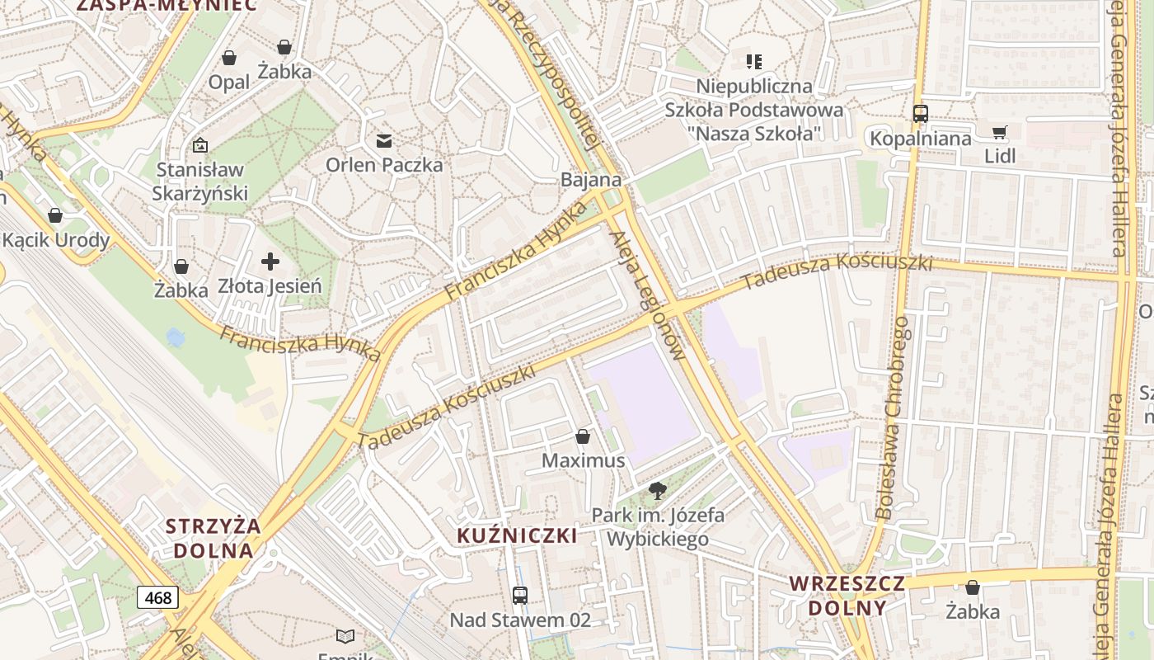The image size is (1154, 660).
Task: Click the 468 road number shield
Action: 157,596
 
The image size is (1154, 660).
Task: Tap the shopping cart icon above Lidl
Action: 999,132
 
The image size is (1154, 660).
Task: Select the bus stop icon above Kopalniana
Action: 921,114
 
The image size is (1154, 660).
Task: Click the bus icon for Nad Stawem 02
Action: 520,595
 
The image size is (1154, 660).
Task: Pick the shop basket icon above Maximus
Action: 583,436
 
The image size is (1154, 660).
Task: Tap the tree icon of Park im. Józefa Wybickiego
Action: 657,492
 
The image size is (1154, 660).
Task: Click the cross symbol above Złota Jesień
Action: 270,262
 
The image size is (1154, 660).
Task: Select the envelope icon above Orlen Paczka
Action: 384,140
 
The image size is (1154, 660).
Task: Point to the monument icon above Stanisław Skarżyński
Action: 199,145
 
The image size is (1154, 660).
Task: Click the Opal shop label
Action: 228,82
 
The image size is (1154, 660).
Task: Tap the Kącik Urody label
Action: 56,240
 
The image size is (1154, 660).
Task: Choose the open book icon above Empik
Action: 345,636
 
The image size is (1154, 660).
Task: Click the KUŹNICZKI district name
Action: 517,535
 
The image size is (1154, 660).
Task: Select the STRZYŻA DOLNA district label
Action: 212,538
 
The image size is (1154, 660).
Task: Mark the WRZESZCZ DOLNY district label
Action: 847,596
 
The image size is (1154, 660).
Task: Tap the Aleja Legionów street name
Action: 647,296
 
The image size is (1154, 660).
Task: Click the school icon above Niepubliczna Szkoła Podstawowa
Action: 753,61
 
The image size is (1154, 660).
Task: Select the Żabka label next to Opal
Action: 284,71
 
